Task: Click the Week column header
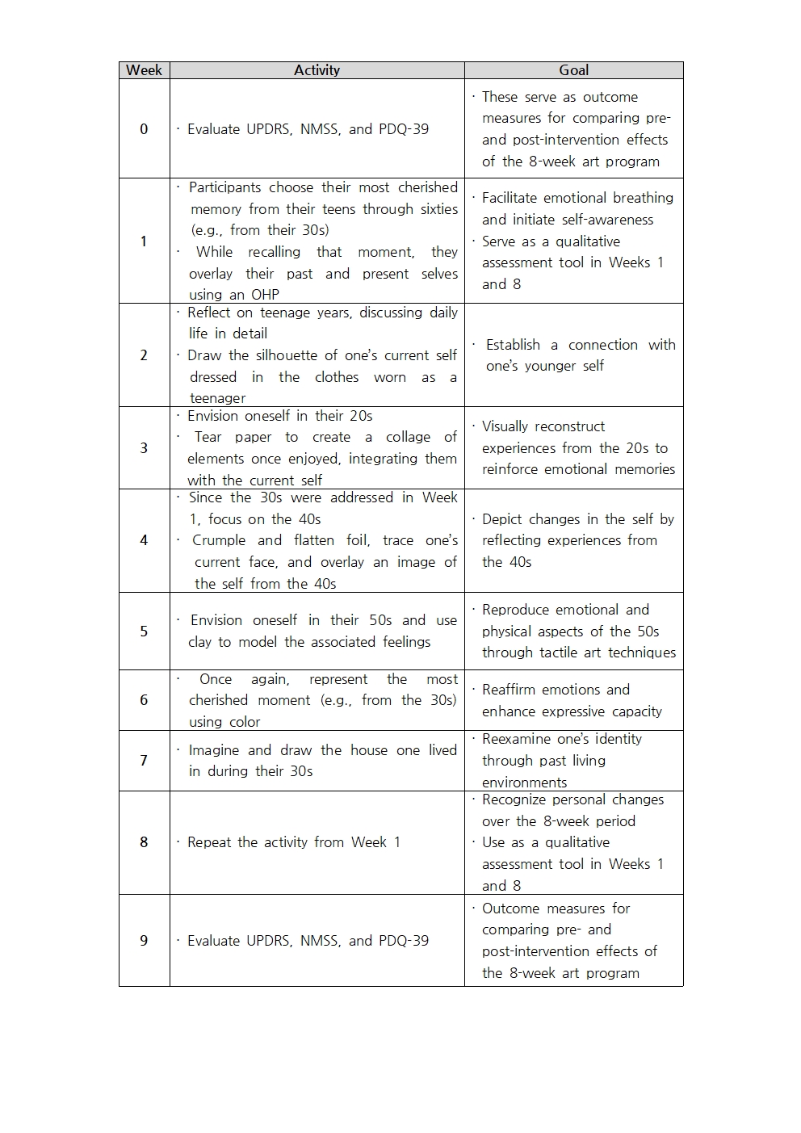(x=144, y=70)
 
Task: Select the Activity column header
(x=317, y=70)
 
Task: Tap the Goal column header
(x=573, y=70)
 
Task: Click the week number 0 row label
(x=144, y=128)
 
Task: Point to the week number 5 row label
(x=144, y=631)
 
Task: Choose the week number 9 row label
(x=144, y=940)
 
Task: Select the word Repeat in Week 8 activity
(x=209, y=842)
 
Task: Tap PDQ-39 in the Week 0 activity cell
(x=403, y=129)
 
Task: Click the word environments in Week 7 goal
(x=524, y=783)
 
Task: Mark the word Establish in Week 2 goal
(x=513, y=345)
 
